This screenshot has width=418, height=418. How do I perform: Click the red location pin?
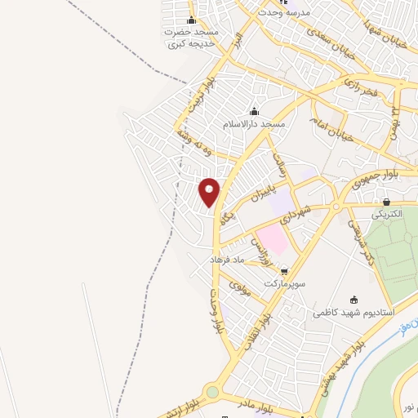(x=210, y=191)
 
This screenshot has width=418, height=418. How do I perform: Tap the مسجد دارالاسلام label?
(x=255, y=124)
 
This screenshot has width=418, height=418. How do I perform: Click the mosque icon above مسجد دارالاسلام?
(x=255, y=112)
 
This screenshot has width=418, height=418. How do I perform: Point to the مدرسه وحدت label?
(x=280, y=13)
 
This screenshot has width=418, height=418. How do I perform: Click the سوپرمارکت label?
(x=282, y=284)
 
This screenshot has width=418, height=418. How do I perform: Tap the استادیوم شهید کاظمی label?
(x=354, y=312)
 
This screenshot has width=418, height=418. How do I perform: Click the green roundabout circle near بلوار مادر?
(x=212, y=393)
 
